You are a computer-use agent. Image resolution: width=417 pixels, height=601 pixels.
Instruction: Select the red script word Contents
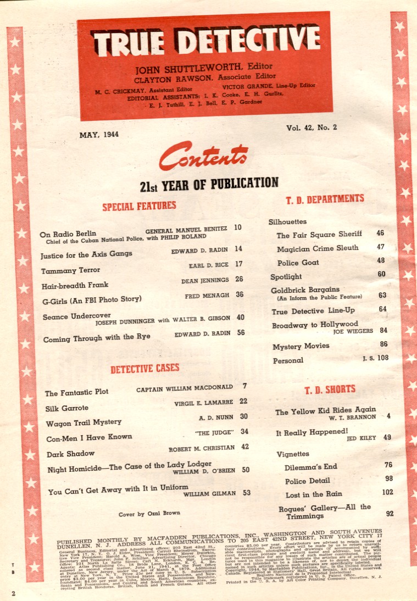203,157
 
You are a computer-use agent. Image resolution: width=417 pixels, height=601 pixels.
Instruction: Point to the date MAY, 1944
99,133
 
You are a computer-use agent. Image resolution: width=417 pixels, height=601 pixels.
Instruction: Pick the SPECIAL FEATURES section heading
139,206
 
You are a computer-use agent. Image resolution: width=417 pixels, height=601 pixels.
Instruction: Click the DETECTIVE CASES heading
144,369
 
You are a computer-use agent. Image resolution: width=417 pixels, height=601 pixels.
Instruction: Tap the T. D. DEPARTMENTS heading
324,198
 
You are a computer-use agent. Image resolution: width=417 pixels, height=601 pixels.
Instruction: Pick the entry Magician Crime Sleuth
318,248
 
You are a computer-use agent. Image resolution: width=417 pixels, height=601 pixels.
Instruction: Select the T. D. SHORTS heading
330,389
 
